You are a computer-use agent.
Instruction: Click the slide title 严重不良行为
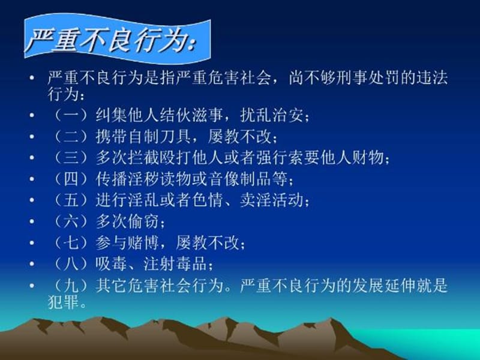114,40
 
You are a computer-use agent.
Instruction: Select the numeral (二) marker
68,137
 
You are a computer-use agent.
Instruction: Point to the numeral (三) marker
68,158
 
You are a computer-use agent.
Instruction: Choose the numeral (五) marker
68,200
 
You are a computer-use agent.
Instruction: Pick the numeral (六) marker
68,221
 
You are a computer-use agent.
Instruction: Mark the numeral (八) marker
68,263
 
